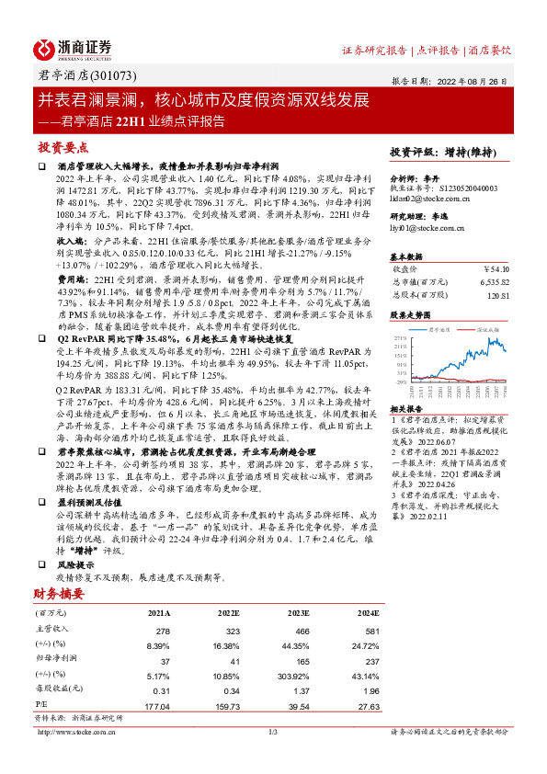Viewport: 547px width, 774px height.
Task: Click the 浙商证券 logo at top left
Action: coord(73,48)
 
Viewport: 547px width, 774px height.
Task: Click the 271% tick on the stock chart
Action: coord(401,338)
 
